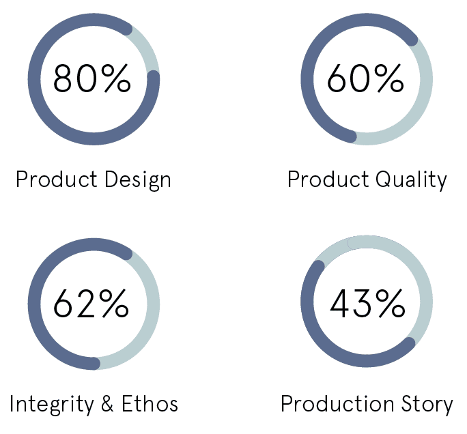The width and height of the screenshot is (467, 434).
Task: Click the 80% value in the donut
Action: tap(92, 78)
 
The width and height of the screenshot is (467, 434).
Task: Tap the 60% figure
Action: tap(365, 78)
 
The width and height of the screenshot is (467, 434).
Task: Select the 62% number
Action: tap(91, 303)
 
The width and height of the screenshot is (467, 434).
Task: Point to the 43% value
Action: tap(367, 303)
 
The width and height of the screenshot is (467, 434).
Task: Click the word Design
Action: tap(138, 179)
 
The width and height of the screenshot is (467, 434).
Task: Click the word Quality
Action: tap(411, 179)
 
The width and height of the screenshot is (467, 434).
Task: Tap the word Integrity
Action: tap(52, 404)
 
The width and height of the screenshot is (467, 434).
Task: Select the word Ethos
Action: tap(150, 404)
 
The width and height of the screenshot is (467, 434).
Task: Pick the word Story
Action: tap(427, 404)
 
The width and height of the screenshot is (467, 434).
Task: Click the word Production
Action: tap(338, 404)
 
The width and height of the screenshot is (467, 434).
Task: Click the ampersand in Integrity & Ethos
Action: tap(107, 404)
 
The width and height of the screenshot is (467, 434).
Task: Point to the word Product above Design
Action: tap(57, 179)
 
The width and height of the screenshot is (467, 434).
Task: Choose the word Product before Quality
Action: tap(328, 179)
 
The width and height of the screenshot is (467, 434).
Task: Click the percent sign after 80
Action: tap(116, 78)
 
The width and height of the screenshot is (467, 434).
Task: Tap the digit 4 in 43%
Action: tap(339, 303)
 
